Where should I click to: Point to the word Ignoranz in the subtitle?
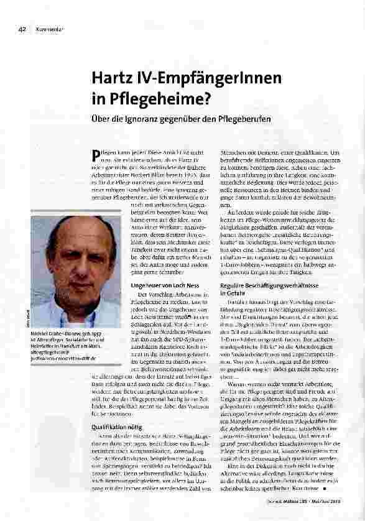[x=154, y=119]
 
